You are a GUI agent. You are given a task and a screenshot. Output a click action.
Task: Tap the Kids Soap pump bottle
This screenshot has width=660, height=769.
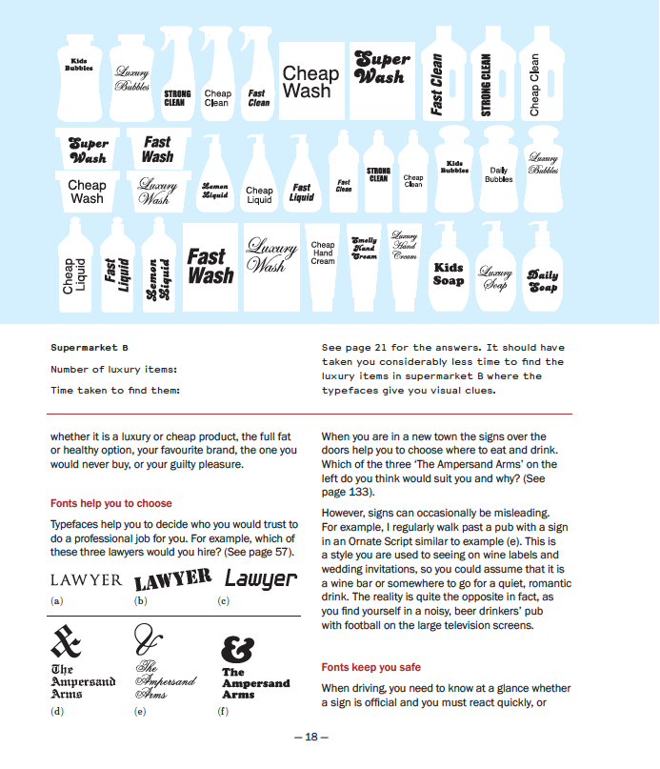tap(449, 270)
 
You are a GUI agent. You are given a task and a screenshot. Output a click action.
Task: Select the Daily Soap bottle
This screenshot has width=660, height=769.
tap(543, 276)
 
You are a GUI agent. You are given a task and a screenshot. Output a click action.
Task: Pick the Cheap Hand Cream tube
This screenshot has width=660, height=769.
tap(323, 255)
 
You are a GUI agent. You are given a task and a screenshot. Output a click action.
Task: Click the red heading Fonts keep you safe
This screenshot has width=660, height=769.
tap(370, 667)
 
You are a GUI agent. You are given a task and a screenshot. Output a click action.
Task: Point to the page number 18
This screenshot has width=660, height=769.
tap(311, 737)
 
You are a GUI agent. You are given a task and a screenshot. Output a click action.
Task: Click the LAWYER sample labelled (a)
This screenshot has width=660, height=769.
tap(86, 579)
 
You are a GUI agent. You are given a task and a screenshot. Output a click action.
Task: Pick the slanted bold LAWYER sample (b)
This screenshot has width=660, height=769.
tap(172, 579)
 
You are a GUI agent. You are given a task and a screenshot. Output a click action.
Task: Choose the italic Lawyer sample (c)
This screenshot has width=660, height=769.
tap(261, 577)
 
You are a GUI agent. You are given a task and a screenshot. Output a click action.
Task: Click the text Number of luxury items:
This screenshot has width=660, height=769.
tap(113, 369)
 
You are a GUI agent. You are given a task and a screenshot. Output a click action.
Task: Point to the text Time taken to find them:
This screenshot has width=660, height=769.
tap(115, 390)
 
